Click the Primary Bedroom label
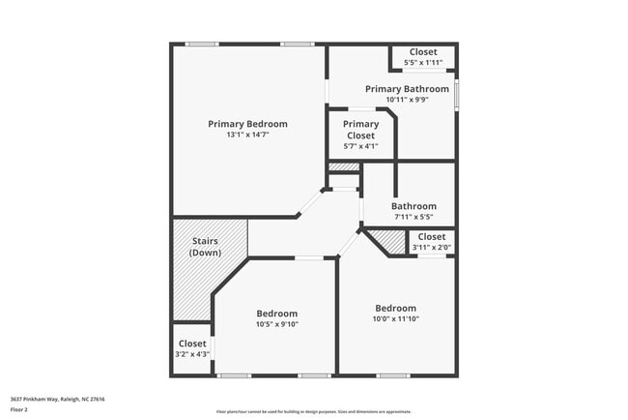(247, 124)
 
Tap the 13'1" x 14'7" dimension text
(247, 135)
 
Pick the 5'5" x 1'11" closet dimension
(422, 63)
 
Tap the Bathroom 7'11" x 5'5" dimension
(414, 217)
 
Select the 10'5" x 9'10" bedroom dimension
(276, 325)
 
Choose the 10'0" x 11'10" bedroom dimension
(396, 319)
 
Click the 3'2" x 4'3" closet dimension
(192, 354)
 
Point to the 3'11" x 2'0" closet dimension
(431, 248)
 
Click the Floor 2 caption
(19, 409)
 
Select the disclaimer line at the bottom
(313, 411)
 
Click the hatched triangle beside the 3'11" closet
(390, 242)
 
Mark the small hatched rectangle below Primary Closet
(343, 168)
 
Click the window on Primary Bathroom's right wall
(457, 95)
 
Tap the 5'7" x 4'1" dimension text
(361, 147)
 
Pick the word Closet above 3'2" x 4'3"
(192, 344)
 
